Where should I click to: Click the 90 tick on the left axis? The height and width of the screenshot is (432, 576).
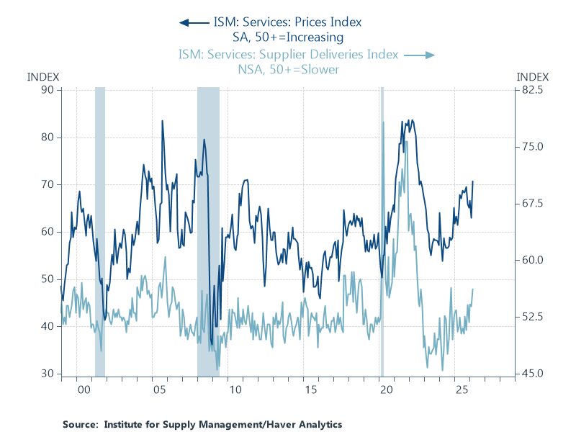(47, 89)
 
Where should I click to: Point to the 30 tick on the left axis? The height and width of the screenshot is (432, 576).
(47, 374)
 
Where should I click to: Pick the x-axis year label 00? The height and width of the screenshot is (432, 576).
(84, 390)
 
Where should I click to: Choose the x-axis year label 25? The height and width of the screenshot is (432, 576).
(461, 390)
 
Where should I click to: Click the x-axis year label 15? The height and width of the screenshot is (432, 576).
(310, 390)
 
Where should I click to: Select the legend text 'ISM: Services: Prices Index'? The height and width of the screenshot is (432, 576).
(287, 22)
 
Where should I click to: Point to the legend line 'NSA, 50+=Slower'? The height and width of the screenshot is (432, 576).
(288, 70)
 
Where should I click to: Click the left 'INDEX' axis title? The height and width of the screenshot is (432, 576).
(43, 76)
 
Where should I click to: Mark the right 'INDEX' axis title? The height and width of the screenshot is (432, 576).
(533, 76)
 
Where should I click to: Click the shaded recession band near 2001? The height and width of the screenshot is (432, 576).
(100, 230)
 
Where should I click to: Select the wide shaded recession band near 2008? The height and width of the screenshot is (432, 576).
(208, 230)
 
